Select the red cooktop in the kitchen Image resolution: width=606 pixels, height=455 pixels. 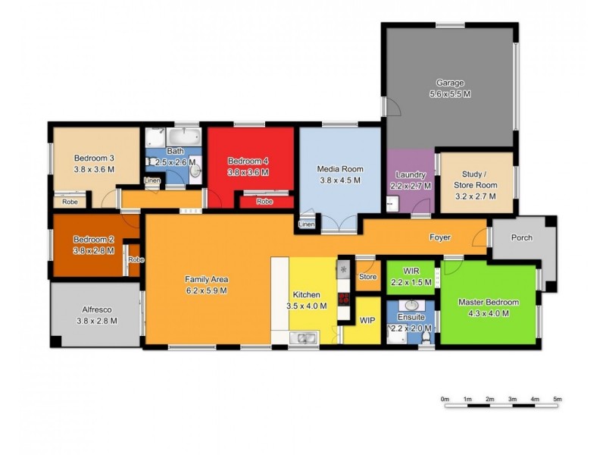[343, 297]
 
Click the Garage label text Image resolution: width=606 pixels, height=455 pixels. [449, 83]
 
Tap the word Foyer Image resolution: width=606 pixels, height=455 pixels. [440, 237]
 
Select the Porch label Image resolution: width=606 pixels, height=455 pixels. [521, 237]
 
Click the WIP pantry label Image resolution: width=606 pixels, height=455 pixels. [367, 321]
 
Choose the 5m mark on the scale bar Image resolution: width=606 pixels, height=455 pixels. [557, 399]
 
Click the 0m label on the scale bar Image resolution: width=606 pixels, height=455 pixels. [445, 399]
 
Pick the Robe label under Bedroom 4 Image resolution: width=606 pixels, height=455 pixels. [264, 202]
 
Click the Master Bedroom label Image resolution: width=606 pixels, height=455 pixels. [489, 302]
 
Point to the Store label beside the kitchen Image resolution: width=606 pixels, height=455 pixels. [367, 277]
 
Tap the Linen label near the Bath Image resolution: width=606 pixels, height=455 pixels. [152, 180]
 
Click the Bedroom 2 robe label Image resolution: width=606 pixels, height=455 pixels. [136, 259]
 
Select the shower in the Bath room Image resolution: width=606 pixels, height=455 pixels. [155, 139]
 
